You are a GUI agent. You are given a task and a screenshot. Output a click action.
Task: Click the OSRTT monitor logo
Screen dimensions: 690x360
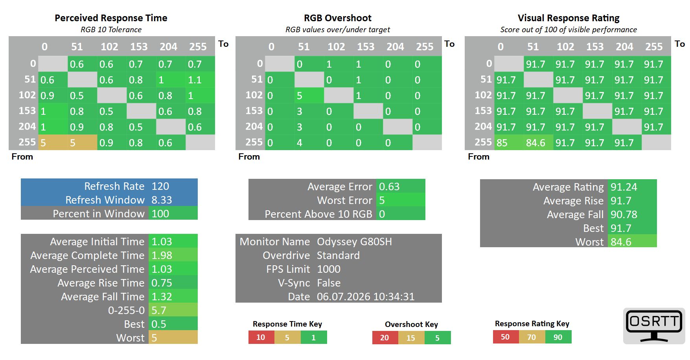[x=654, y=326]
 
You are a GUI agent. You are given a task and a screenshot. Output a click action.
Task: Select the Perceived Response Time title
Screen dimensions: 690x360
[x=111, y=18]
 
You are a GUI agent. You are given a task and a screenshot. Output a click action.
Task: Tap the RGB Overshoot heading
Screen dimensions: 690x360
[x=338, y=18]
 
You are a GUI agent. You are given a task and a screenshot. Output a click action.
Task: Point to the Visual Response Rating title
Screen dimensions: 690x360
[x=569, y=18]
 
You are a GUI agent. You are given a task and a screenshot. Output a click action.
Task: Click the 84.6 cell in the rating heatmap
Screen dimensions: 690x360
[x=538, y=143]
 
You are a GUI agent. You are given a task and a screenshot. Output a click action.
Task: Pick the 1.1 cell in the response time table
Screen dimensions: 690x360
[x=200, y=80]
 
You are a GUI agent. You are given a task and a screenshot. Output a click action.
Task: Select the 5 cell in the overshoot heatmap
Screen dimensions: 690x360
[x=309, y=96]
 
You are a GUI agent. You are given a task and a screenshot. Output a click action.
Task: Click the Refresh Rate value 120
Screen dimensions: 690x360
[x=160, y=186]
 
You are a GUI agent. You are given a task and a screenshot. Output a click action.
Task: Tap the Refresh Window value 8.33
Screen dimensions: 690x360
[x=162, y=200]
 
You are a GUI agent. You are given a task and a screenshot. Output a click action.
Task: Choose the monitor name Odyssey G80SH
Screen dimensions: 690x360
[x=354, y=242]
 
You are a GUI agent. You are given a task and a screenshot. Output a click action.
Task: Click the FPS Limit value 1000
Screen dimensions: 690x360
[x=329, y=269]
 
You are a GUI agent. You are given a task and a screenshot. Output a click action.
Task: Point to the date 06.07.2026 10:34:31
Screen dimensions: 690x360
[x=366, y=297]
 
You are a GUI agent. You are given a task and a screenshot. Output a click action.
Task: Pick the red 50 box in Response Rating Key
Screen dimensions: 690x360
[x=506, y=337]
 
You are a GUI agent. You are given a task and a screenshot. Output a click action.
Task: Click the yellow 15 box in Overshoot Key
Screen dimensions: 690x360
[x=411, y=338]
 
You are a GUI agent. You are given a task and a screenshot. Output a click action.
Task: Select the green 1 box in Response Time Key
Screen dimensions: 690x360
[x=314, y=337]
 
